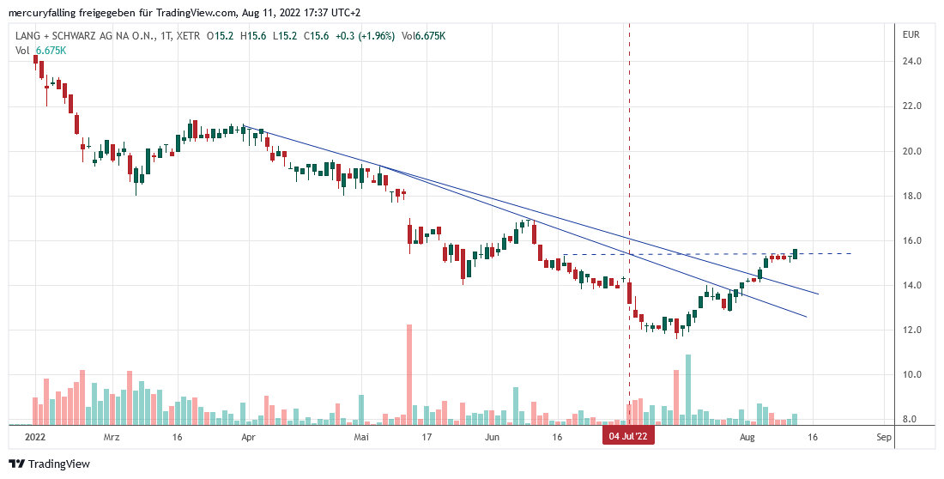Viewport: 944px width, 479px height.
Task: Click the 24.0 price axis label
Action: pyautogui.click(x=911, y=62)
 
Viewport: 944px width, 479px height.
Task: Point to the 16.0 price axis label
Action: pyautogui.click(x=911, y=240)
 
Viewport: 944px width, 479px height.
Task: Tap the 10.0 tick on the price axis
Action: pyautogui.click(x=911, y=374)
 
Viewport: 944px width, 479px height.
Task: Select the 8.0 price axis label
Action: pyautogui.click(x=911, y=419)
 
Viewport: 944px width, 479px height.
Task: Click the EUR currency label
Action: pyautogui.click(x=911, y=35)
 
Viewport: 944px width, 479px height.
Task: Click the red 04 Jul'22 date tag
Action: pyautogui.click(x=630, y=437)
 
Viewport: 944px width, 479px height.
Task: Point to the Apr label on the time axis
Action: pyautogui.click(x=249, y=437)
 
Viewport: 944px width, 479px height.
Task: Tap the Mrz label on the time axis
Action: pyautogui.click(x=111, y=437)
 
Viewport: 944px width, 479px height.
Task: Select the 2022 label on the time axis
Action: pyautogui.click(x=35, y=437)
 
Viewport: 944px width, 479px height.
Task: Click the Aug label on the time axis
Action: pyautogui.click(x=747, y=437)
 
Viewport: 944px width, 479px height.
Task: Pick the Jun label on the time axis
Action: pyautogui.click(x=492, y=437)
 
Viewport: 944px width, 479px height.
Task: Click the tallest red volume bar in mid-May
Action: pyautogui.click(x=409, y=374)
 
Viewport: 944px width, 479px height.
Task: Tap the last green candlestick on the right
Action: pyautogui.click(x=795, y=253)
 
